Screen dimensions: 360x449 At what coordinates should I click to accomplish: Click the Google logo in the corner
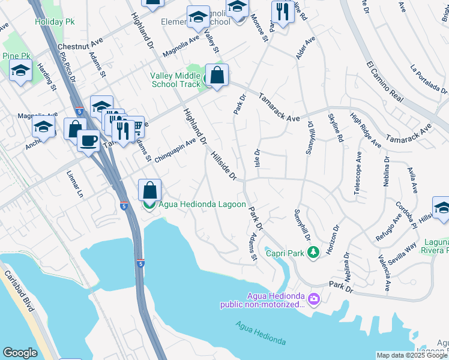click(20, 353)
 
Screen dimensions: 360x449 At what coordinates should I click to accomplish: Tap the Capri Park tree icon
click(312, 253)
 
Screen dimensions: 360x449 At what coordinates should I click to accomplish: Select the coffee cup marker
click(89, 142)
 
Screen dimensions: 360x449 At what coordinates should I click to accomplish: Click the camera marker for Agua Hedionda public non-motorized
click(313, 298)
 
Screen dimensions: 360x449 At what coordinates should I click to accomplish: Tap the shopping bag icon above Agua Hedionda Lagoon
click(149, 190)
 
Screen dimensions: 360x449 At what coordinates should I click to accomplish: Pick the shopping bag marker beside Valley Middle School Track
click(217, 76)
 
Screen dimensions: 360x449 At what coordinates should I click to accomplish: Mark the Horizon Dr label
click(332, 238)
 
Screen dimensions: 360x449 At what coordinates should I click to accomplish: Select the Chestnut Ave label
click(81, 46)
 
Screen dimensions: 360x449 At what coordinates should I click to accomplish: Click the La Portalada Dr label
click(429, 80)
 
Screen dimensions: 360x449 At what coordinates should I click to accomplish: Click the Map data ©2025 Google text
click(412, 355)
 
